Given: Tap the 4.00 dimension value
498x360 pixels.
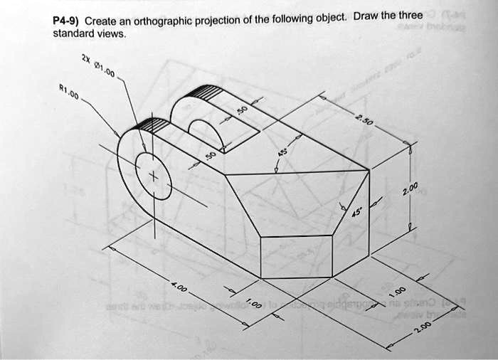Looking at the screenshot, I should [x=180, y=288].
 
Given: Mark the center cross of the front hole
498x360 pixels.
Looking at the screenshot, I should [x=151, y=176].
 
